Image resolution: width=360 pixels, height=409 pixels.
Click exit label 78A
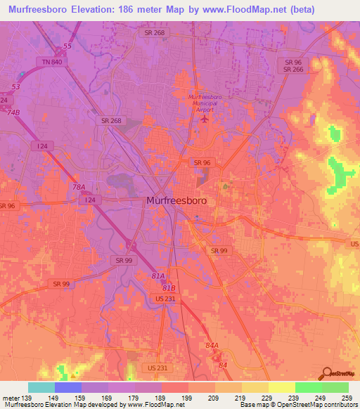pyautogui.click(x=78, y=187)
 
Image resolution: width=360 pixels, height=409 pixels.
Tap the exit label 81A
pyautogui.click(x=159, y=275)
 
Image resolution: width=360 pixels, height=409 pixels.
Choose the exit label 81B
pyautogui.click(x=168, y=287)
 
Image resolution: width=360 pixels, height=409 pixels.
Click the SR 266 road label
pyautogui.click(x=293, y=69)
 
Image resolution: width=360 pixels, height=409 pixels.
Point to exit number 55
pyautogui.click(x=67, y=46)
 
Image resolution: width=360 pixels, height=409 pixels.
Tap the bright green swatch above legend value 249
pyautogui.click(x=308, y=387)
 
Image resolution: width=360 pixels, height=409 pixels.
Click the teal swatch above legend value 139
pyautogui.click(x=41, y=387)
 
